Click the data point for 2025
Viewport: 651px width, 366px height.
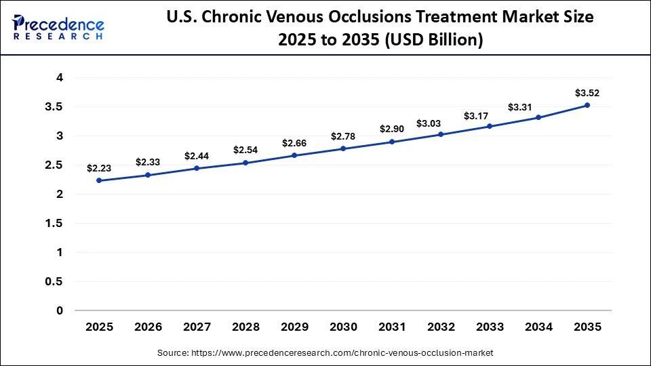point(99,180)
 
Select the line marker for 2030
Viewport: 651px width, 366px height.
point(343,148)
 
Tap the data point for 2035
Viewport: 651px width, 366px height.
point(587,105)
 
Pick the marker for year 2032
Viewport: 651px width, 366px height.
point(441,134)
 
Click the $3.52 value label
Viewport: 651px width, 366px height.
point(587,93)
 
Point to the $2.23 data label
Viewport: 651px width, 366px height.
point(99,168)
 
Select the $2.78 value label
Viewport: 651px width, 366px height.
point(343,136)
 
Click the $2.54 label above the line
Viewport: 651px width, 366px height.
point(245,150)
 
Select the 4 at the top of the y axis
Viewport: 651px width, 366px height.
point(60,78)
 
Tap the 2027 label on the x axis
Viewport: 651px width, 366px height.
point(197,327)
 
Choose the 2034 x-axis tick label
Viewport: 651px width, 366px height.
point(538,327)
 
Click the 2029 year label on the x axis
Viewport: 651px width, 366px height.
point(294,327)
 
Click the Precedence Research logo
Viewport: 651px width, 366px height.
point(58,27)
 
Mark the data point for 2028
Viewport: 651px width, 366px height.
point(245,163)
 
